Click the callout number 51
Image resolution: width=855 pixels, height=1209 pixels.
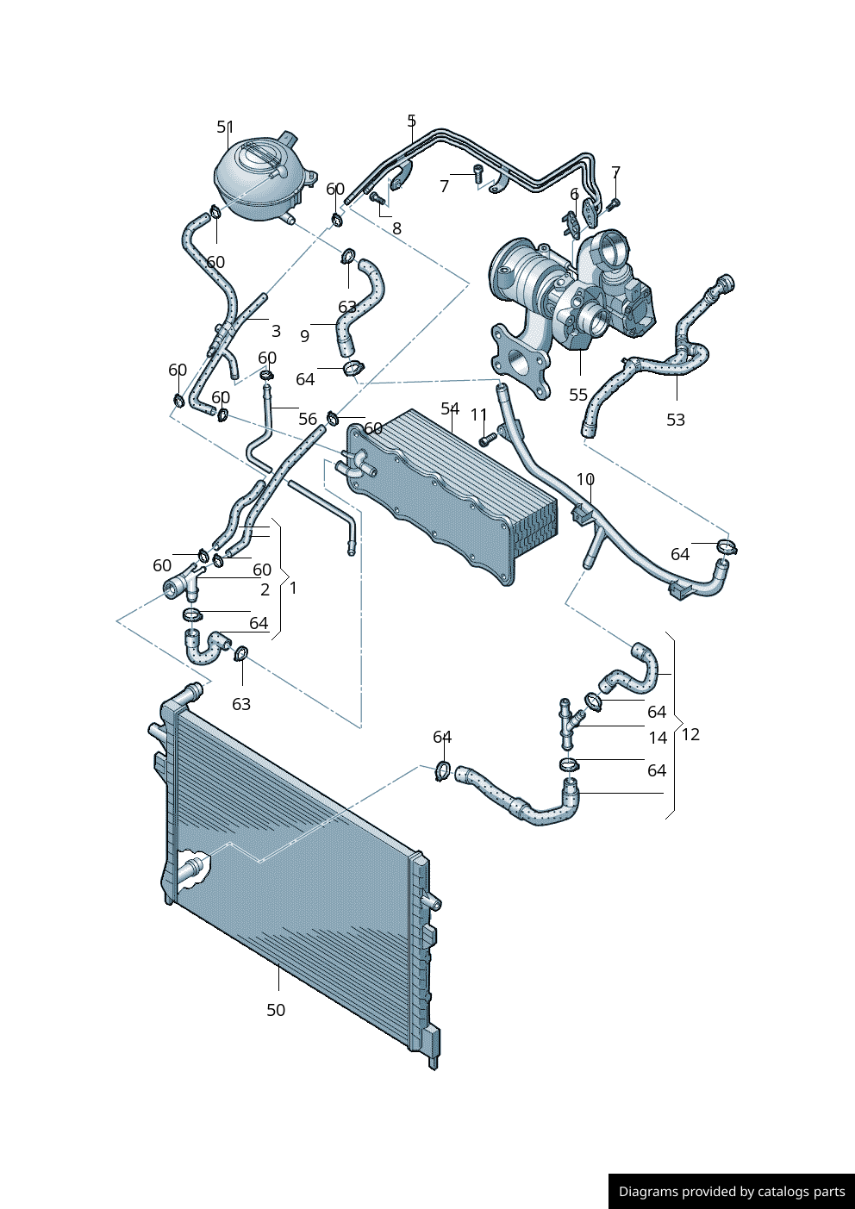(x=225, y=128)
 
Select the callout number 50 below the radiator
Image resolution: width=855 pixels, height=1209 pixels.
(x=276, y=1010)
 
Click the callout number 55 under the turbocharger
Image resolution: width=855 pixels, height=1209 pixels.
(x=578, y=395)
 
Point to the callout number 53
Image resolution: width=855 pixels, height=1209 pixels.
(x=676, y=420)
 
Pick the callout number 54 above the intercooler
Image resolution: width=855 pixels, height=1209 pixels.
(x=450, y=408)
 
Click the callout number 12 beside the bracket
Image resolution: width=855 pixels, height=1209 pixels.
(x=690, y=734)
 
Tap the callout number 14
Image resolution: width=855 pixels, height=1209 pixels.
(x=658, y=738)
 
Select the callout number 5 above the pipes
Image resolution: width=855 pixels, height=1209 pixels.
(x=412, y=121)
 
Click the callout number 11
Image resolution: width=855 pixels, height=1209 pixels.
(x=479, y=415)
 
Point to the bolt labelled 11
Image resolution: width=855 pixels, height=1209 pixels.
(x=485, y=439)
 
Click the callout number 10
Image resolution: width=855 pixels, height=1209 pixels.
(x=585, y=479)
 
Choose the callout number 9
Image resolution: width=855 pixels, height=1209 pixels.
(x=304, y=336)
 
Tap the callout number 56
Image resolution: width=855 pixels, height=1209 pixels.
(x=308, y=419)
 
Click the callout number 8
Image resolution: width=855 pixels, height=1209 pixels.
(x=396, y=228)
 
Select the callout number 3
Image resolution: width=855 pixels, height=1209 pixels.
(x=276, y=331)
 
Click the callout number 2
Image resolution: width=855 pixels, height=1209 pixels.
(x=265, y=589)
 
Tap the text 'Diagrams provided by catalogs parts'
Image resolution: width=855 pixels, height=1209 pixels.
(x=731, y=1191)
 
